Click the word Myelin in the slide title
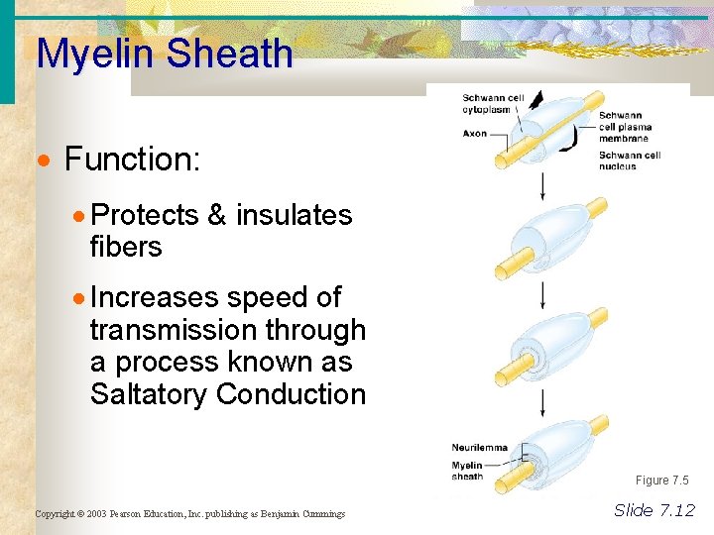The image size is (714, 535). pyautogui.click(x=96, y=54)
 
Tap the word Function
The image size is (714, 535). pyautogui.click(x=132, y=159)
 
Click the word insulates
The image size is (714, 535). pyautogui.click(x=294, y=215)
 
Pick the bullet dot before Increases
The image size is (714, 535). pyautogui.click(x=80, y=297)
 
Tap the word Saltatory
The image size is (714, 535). pyautogui.click(x=149, y=393)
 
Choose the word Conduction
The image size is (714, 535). pyautogui.click(x=291, y=393)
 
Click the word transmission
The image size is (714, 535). pyautogui.click(x=178, y=330)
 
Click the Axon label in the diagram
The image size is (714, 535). pyautogui.click(x=474, y=134)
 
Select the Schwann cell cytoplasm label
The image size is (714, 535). pyautogui.click(x=493, y=103)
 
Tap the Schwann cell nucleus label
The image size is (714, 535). pyautogui.click(x=630, y=160)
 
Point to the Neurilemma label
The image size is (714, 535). pyautogui.click(x=479, y=448)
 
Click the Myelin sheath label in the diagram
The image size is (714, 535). pyautogui.click(x=467, y=471)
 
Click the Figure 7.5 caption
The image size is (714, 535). pyautogui.click(x=661, y=481)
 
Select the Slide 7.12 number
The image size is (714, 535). pyautogui.click(x=654, y=511)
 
